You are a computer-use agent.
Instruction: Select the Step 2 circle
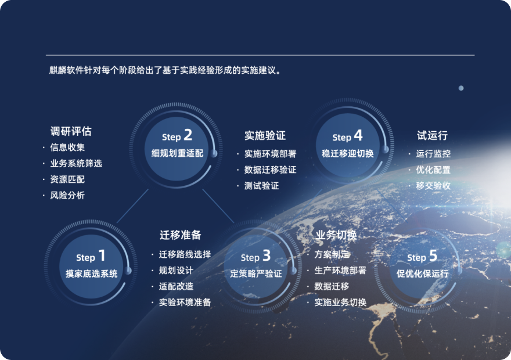point(177,149)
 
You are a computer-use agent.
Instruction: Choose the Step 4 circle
point(348,145)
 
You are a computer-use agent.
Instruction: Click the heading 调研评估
point(71,131)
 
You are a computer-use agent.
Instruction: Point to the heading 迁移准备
point(180,235)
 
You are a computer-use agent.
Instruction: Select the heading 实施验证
point(265,135)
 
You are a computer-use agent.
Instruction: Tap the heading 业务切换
point(336,235)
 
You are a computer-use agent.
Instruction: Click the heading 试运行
point(432,135)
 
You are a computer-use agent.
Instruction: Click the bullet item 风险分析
point(67,195)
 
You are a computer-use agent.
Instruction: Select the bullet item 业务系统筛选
point(76,163)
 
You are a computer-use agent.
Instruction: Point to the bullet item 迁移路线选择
point(185,254)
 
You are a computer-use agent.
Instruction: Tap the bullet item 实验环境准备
point(185,303)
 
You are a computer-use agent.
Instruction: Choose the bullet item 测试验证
point(262,186)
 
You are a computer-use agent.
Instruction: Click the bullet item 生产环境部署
point(340,271)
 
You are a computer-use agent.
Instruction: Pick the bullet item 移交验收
point(433,186)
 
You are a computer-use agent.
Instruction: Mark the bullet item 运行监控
point(433,153)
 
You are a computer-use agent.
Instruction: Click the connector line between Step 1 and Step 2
point(132,206)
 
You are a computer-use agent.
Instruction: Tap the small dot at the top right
point(461,88)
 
